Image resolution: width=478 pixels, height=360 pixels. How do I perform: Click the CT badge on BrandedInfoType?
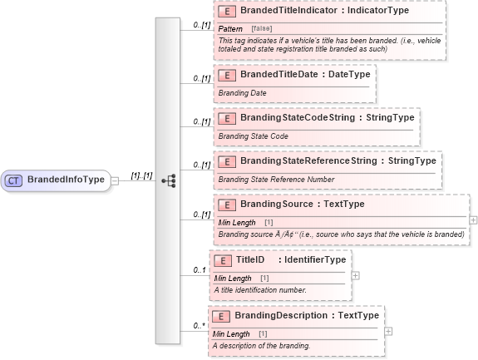tap(14, 180)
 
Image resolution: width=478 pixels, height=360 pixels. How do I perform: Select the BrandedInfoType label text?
tap(66, 180)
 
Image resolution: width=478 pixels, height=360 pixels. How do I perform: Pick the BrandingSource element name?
tap(282, 204)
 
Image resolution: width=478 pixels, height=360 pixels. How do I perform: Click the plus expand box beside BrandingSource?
tap(473, 220)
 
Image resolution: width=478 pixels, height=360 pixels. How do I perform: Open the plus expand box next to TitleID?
tap(356, 275)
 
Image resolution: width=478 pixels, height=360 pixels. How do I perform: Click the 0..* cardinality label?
tap(200, 326)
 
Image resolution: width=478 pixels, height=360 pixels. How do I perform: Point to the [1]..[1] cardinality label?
tap(141, 175)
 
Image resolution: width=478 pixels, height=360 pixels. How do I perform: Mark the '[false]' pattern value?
tap(262, 29)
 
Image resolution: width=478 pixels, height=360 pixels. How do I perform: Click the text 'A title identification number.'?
tap(259, 289)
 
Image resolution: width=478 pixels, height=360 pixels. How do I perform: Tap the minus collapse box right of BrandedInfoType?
tap(115, 180)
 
